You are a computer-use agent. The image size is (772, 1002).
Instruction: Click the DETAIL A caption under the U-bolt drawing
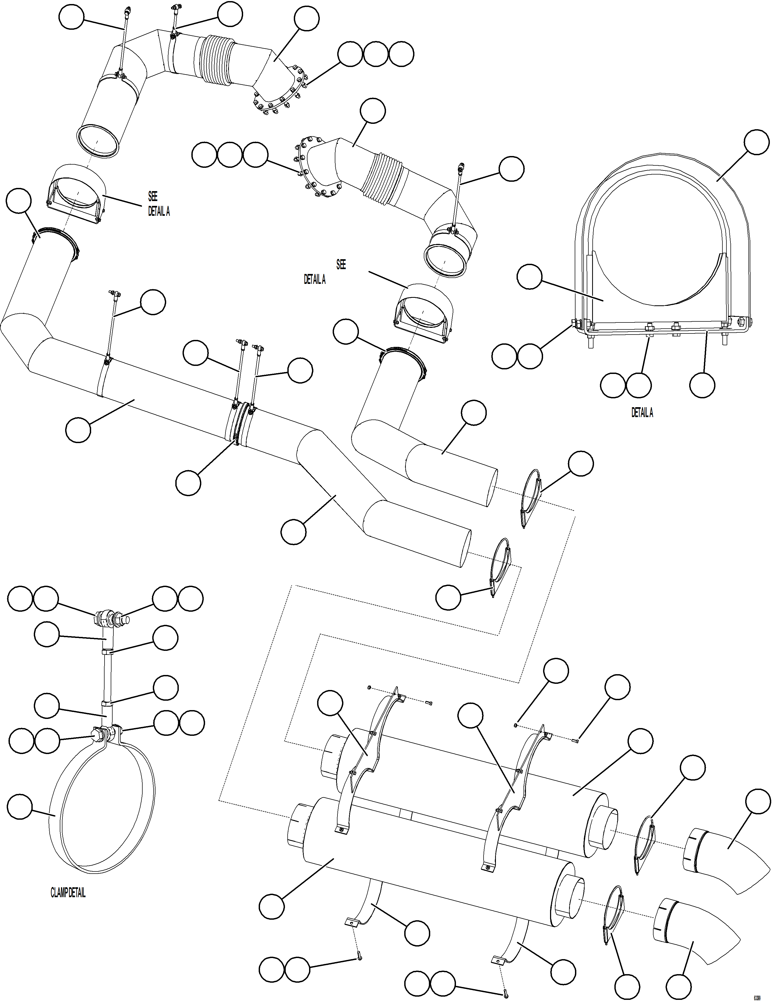[x=642, y=413]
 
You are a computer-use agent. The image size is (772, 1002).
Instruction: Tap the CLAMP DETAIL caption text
[x=68, y=893]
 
